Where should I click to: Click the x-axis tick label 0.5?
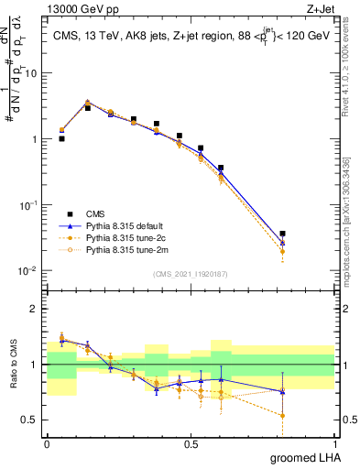tap(191, 443)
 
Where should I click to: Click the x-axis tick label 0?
tap(47, 443)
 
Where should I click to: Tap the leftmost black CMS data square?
tap(61, 139)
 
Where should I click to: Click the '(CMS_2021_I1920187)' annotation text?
tap(190, 273)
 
